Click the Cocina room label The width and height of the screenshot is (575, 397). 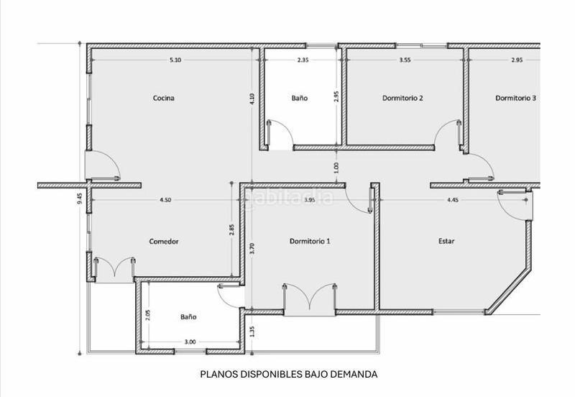[x=164, y=98]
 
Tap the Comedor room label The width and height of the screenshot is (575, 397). [x=164, y=242]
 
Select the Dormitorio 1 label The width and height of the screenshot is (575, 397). [x=310, y=241]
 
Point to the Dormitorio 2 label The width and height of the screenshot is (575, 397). [x=402, y=98]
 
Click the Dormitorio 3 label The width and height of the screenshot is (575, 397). [x=515, y=98]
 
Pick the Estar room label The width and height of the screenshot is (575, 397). [x=446, y=241]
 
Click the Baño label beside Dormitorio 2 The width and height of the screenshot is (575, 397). [x=300, y=98]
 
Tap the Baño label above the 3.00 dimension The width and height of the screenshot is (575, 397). [x=188, y=316]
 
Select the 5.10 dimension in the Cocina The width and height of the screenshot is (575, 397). [x=175, y=60]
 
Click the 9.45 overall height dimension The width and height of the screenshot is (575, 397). [x=79, y=198]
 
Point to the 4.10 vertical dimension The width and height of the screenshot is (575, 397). [x=252, y=100]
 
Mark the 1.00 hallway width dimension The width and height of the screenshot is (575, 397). [x=336, y=167]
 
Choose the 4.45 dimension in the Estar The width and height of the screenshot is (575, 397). [x=453, y=200]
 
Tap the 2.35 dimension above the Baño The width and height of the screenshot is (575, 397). [x=303, y=60]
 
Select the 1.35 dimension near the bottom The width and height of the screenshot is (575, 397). [x=252, y=331]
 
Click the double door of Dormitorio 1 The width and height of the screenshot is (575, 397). [x=310, y=298]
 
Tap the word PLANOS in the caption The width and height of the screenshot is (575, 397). [x=218, y=374]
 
